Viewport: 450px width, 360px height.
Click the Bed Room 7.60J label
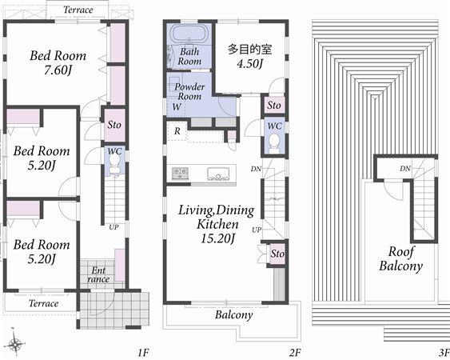click(x=58, y=63)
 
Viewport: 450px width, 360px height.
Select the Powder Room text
click(x=189, y=91)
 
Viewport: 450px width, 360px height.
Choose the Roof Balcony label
click(x=401, y=258)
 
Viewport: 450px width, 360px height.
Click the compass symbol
click(x=16, y=345)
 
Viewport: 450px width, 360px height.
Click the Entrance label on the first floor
click(x=99, y=275)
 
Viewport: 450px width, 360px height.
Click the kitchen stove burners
click(x=179, y=172)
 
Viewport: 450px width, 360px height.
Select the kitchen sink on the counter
click(x=217, y=173)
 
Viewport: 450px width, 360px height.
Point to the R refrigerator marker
click(x=176, y=130)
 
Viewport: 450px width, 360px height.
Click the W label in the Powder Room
click(x=175, y=106)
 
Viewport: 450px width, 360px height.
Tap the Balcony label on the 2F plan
click(x=233, y=314)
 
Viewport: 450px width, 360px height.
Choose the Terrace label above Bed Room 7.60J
click(x=78, y=10)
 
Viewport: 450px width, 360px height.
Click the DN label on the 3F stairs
click(x=405, y=169)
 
